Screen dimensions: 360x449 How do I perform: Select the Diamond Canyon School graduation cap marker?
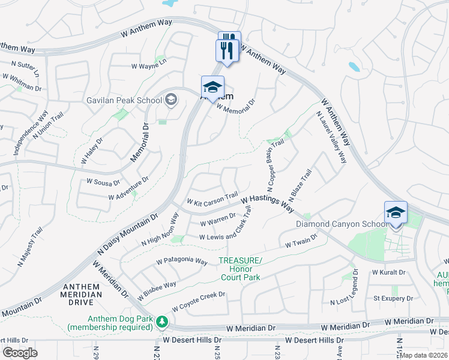396,214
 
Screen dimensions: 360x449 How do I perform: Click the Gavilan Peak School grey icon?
171,100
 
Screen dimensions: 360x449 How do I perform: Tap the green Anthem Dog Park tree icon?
161,322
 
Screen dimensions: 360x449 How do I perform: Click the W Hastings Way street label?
268,202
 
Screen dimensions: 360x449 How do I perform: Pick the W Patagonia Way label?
182,262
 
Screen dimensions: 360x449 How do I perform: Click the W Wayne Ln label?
149,67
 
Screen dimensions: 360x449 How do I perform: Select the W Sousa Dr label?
103,181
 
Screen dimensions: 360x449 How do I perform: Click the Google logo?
20,353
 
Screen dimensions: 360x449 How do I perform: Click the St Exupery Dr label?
393,298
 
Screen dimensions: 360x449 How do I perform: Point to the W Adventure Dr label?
128,193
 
